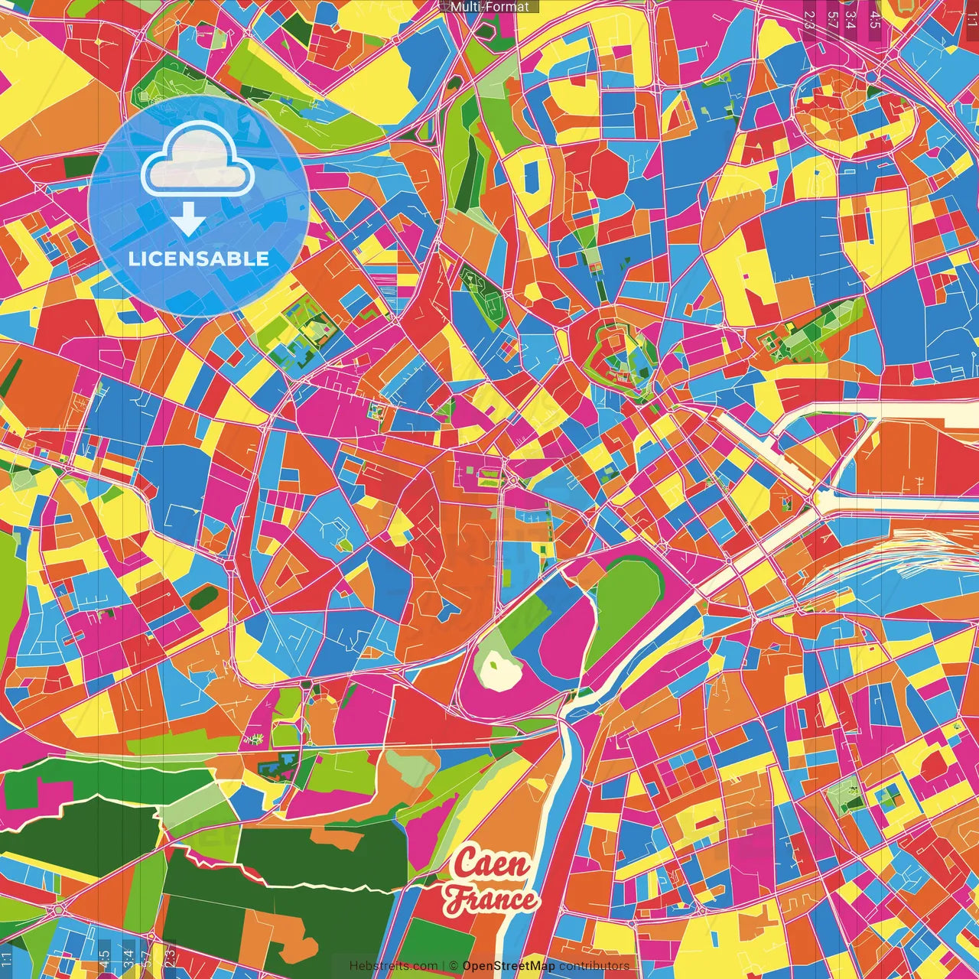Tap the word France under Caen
coord(492,899)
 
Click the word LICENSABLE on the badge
coord(199,259)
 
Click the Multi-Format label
coord(489,7)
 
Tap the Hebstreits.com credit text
coord(393,966)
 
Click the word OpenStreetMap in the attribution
coord(509,966)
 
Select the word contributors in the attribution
coord(594,966)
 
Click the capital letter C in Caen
coord(465,864)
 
